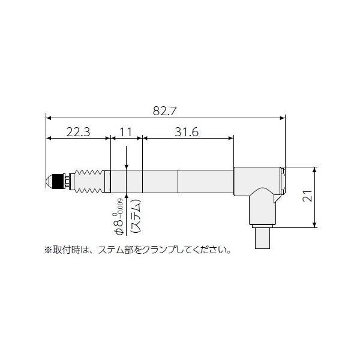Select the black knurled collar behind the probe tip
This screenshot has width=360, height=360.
click(x=58, y=181)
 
